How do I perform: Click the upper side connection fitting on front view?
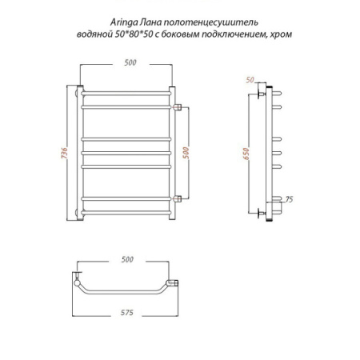click(179, 106)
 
